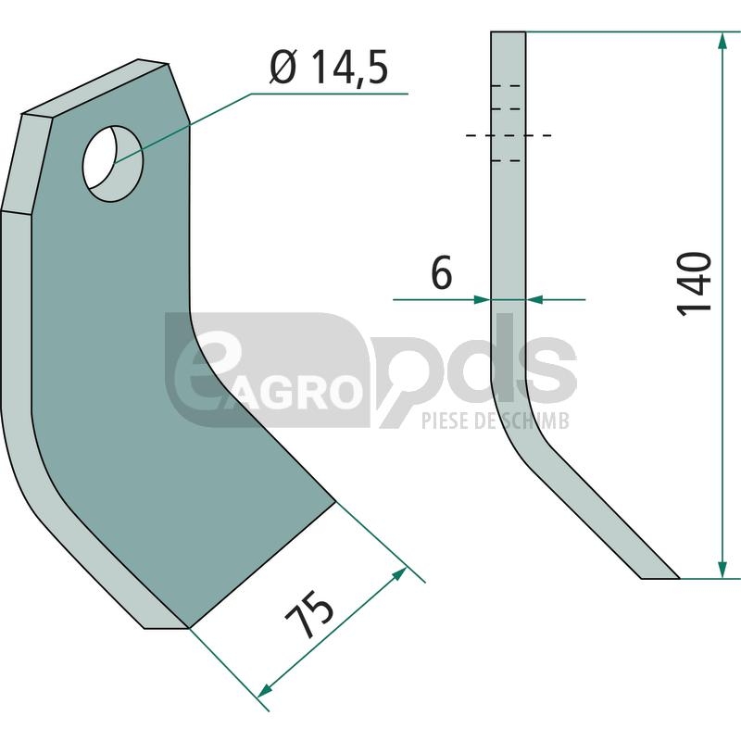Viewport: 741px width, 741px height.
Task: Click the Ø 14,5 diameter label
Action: [x=329, y=68]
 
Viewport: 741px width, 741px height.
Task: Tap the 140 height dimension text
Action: [x=694, y=284]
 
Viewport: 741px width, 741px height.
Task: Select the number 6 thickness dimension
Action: [x=442, y=272]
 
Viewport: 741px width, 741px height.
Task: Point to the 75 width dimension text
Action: [x=309, y=611]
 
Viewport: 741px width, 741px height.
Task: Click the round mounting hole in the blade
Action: [x=112, y=164]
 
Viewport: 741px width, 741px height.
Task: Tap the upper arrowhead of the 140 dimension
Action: [x=722, y=41]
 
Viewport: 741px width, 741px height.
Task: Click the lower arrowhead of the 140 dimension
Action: [x=722, y=570]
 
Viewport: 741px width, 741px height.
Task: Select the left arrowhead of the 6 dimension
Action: [x=482, y=299]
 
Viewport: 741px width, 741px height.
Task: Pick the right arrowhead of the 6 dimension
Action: [x=534, y=299]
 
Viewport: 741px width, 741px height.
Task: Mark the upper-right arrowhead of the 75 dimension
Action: [x=399, y=574]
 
